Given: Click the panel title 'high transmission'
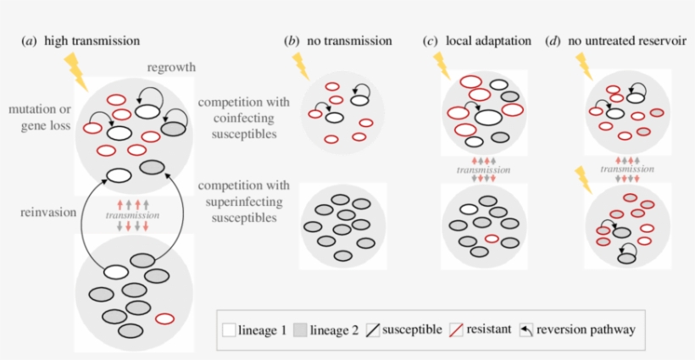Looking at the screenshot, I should [92, 40].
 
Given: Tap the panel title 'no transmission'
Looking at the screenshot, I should [349, 40].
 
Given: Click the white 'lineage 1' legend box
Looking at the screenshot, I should [228, 330].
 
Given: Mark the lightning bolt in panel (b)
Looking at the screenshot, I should [301, 66].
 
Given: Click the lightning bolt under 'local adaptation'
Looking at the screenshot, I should [442, 66].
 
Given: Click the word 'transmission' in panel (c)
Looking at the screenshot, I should [484, 169].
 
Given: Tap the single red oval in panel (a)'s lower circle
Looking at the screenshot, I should [165, 318].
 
